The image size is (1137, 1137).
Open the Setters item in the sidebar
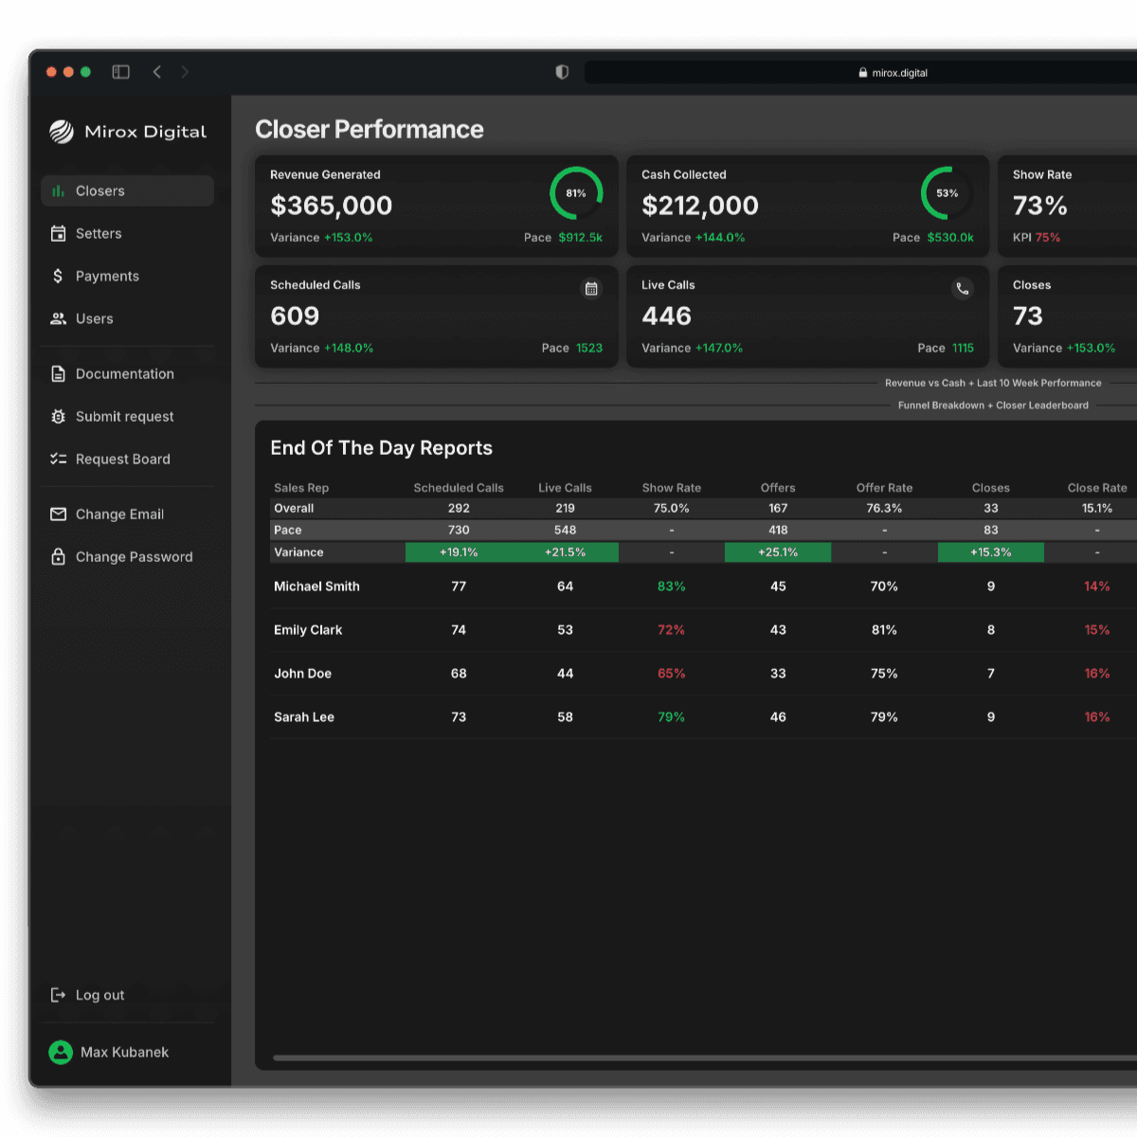(x=98, y=234)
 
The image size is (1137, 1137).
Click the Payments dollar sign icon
(x=58, y=276)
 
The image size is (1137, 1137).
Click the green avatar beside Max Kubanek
(x=61, y=1052)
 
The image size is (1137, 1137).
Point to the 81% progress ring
(x=576, y=167)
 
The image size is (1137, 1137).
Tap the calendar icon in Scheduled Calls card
(x=591, y=289)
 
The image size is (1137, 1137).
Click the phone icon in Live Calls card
(x=963, y=289)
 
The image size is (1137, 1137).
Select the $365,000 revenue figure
(x=331, y=206)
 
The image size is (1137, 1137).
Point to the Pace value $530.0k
(x=950, y=237)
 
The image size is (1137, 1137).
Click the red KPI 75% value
(x=1047, y=237)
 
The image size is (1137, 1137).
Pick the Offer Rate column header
(x=884, y=488)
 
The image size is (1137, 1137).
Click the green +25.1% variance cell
(x=778, y=552)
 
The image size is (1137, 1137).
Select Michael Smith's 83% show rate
(x=672, y=587)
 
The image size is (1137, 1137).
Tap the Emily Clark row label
(x=308, y=630)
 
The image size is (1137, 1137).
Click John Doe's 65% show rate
(x=672, y=674)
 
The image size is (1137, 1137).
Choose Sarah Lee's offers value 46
(x=778, y=717)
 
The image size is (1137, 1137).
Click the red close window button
(x=51, y=72)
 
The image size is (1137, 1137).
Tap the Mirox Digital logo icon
(x=62, y=132)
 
